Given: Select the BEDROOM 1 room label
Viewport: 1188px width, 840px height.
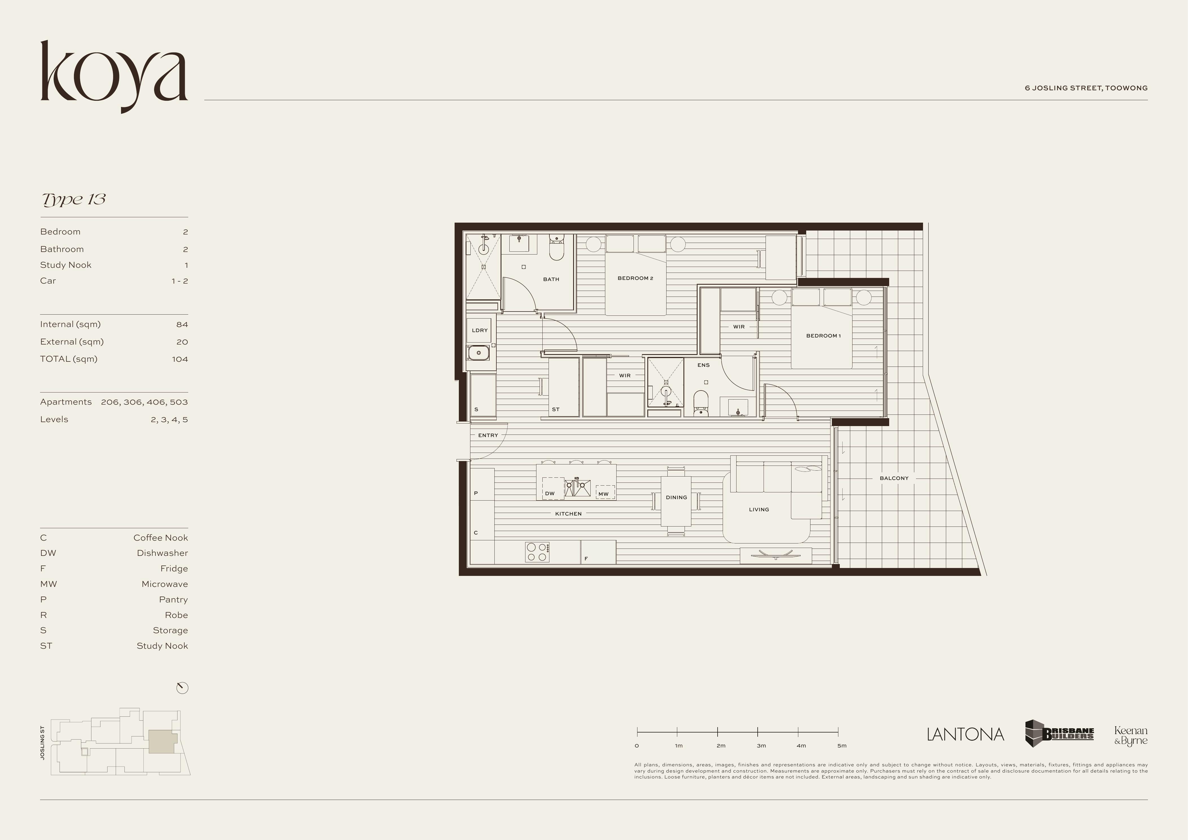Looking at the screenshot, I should tap(823, 336).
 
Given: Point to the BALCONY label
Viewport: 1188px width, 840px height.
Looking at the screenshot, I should tap(894, 479).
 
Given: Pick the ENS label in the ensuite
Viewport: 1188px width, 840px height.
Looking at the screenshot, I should tap(703, 365).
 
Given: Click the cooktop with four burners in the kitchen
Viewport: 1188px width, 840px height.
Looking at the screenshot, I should tap(537, 552).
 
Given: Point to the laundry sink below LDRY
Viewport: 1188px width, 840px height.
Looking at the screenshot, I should tap(479, 353).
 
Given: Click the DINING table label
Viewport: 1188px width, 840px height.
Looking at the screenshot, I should tap(676, 497).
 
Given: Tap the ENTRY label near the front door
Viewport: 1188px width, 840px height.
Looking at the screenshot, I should tap(488, 435).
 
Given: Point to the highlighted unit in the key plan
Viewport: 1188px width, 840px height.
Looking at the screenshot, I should tap(163, 742).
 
